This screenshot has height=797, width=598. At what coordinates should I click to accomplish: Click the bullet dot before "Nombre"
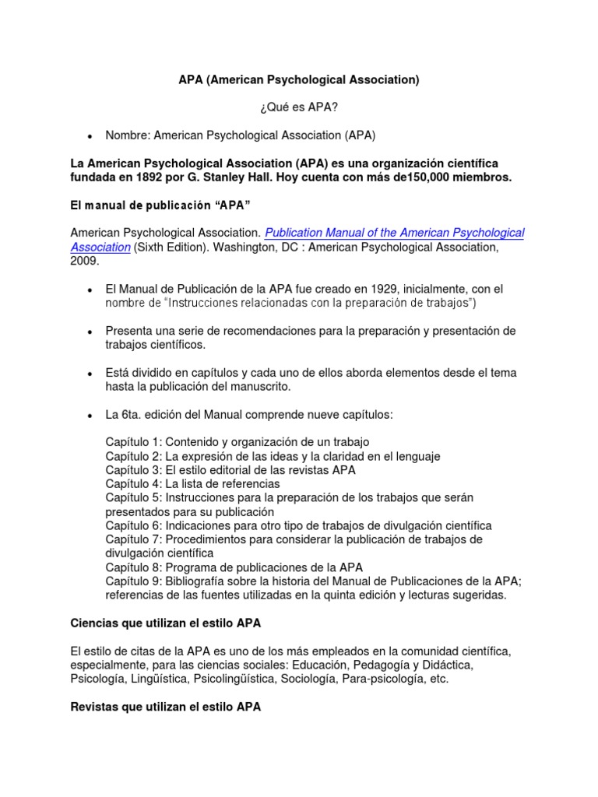click(90, 136)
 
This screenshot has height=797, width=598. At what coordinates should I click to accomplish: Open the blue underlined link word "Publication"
click(299, 233)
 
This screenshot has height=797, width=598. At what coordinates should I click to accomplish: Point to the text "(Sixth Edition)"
click(172, 248)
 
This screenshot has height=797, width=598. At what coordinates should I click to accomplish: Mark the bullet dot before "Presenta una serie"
click(90, 332)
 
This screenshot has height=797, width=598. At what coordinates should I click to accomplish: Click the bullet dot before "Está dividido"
click(90, 374)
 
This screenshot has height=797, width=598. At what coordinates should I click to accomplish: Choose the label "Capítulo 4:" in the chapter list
click(133, 484)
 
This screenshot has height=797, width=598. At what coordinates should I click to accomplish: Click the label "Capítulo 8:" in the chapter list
click(133, 567)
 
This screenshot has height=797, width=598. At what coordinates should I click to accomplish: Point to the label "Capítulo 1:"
click(133, 442)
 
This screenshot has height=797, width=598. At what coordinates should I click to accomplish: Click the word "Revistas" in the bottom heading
click(96, 707)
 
